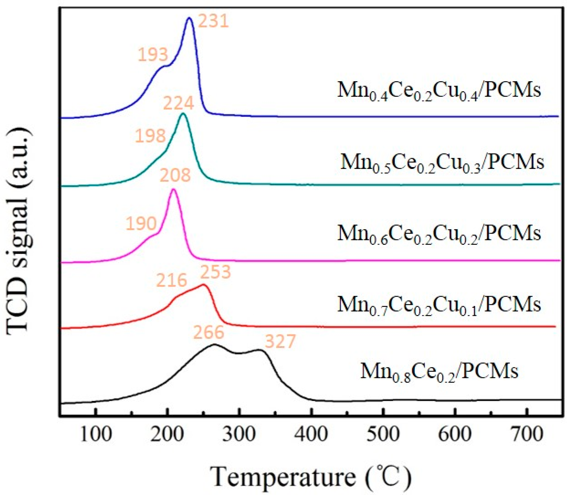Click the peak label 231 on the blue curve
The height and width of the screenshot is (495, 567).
click(213, 21)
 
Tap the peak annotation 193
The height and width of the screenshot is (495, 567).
click(153, 54)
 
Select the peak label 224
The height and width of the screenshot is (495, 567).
click(178, 104)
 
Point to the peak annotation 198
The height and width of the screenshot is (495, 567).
click(150, 136)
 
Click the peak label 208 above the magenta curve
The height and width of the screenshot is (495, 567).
click(175, 175)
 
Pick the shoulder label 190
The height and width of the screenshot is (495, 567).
click(141, 223)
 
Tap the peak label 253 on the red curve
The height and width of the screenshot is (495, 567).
click(215, 272)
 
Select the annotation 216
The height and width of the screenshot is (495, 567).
click(172, 281)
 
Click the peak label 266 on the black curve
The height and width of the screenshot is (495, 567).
click(208, 332)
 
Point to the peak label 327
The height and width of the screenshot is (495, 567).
click(280, 342)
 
